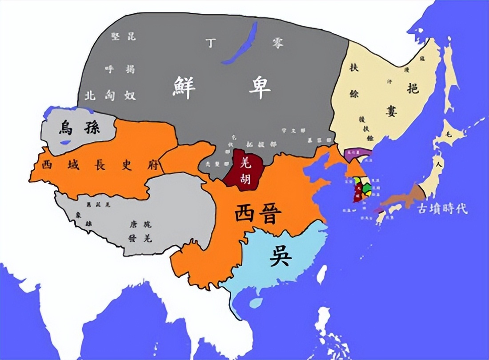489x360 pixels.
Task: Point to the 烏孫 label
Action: tap(79, 129)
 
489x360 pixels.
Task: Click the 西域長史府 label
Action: tap(97, 165)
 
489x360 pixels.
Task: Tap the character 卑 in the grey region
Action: tap(259, 88)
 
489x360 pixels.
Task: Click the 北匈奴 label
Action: tap(109, 95)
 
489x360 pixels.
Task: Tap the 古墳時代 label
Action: tap(442, 209)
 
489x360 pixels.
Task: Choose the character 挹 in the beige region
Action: tap(413, 88)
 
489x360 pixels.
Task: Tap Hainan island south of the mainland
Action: tap(254, 303)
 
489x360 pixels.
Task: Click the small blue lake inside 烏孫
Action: tap(65, 142)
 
